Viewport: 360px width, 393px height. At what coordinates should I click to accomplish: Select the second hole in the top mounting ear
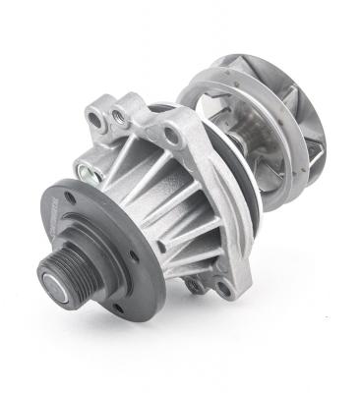119,116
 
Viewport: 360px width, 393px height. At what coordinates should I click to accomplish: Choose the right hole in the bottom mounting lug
224,289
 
